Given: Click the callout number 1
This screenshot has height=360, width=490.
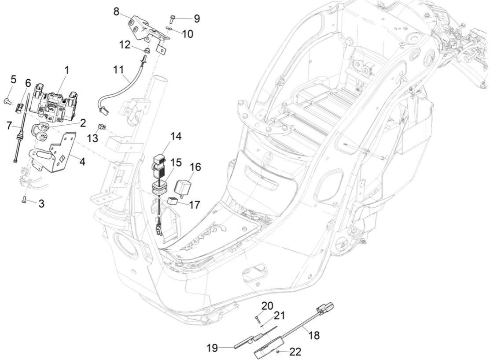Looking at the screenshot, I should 66,70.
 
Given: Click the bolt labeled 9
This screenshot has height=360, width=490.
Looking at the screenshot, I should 172,19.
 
